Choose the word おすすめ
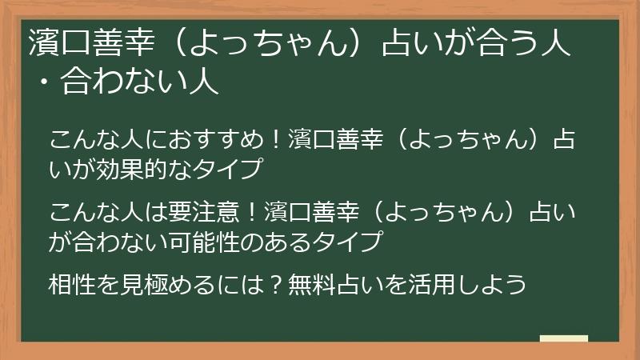tap(210, 140)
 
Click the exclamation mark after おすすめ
tap(273, 140)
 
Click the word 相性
tap(70, 284)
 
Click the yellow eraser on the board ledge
tap(564, 338)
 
